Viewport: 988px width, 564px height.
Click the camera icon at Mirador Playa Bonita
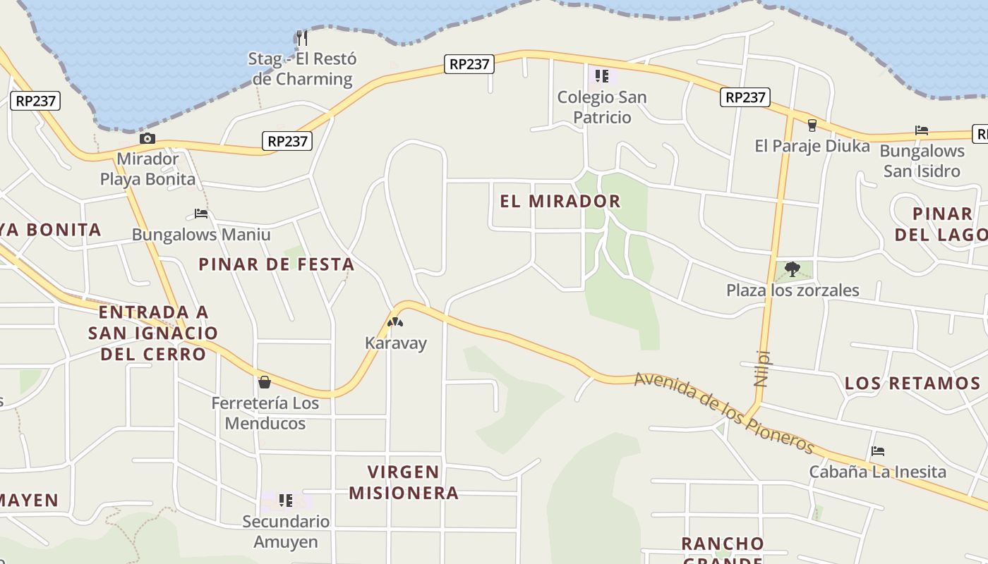(x=147, y=139)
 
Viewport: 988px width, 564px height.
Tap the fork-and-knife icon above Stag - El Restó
(x=302, y=37)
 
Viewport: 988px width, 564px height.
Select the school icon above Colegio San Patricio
(x=601, y=75)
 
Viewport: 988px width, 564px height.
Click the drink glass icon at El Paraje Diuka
(x=812, y=125)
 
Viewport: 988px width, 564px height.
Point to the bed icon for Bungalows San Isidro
(x=921, y=130)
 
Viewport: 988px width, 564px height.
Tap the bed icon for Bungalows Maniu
(x=201, y=214)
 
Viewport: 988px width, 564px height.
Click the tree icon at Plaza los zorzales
(x=793, y=269)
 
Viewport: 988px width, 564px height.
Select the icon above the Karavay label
(x=395, y=323)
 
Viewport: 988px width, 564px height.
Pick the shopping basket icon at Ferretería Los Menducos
(x=265, y=382)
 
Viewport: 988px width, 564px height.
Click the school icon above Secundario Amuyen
(x=285, y=501)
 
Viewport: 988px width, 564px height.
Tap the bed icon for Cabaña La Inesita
(x=878, y=451)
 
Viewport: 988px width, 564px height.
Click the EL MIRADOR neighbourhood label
(x=560, y=201)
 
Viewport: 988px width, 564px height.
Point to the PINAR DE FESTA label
(x=276, y=264)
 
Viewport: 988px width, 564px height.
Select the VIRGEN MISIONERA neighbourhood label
(x=404, y=482)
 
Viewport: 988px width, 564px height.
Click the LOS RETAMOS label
(x=912, y=384)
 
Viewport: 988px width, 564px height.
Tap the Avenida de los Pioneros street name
(x=725, y=413)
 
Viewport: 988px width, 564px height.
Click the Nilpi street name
(x=761, y=369)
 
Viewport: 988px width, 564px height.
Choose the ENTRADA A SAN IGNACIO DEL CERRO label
(x=154, y=333)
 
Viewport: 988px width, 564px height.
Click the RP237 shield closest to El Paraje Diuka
(x=745, y=97)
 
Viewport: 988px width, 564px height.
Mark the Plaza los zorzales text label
(x=793, y=290)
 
